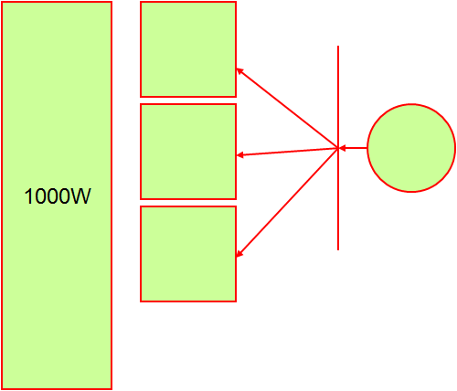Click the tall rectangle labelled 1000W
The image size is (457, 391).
point(57,195)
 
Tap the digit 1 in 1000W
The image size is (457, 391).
point(28,196)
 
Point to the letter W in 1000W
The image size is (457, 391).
point(80,196)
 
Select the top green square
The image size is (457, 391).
point(188,49)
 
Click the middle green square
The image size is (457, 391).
point(188,152)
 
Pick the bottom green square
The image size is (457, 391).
point(188,254)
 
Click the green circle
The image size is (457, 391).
point(411,148)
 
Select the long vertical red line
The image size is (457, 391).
point(338,148)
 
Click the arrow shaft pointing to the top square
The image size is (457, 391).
point(287,108)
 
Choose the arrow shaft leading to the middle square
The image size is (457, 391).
point(287,152)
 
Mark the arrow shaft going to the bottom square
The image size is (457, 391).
point(287,202)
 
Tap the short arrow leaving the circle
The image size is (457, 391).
point(353,148)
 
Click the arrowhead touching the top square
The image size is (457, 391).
point(239,70)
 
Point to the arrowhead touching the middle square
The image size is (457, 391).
point(239,155)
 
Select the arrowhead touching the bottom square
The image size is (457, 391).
point(239,254)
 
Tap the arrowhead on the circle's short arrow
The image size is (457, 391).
point(342,148)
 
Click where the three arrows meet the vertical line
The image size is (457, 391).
point(338,148)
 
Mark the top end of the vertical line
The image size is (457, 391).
point(338,46)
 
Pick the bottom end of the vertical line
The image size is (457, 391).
point(338,250)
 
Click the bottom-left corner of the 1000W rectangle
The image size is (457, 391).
point(2,389)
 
